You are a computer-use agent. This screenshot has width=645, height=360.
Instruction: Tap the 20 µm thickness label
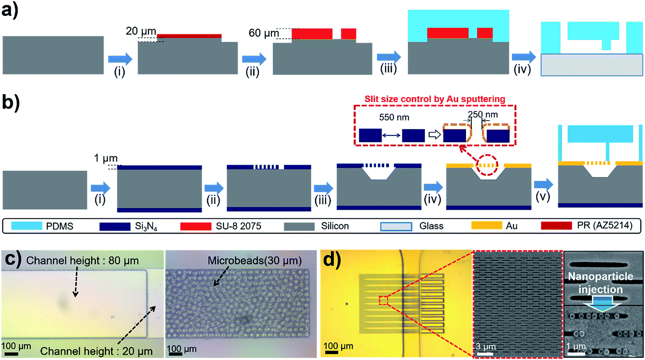point(141,32)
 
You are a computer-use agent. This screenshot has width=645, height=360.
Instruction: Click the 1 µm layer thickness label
point(105,158)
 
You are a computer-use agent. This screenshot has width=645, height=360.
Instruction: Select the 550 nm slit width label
point(394,117)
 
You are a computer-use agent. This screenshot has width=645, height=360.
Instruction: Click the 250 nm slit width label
point(483,114)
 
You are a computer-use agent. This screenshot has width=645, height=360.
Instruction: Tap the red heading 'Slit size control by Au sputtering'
point(435,99)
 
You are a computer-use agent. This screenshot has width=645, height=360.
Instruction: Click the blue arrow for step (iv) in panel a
point(524,58)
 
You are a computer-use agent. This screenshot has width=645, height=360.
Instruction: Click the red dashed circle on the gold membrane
point(485,166)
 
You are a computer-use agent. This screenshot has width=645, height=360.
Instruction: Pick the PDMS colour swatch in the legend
point(26,226)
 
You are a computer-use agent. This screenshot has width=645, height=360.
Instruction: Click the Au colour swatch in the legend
point(486,226)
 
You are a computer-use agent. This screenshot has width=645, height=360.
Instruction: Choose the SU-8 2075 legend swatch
point(196,226)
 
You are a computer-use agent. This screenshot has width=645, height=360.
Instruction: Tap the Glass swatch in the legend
point(396,226)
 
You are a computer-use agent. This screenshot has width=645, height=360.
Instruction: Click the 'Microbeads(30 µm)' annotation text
point(254,261)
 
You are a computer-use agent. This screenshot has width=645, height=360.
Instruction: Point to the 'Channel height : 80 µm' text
point(82,261)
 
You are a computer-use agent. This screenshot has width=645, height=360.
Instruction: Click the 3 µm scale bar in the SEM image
point(484,353)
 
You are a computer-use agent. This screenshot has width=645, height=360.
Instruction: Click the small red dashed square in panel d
point(383,300)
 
